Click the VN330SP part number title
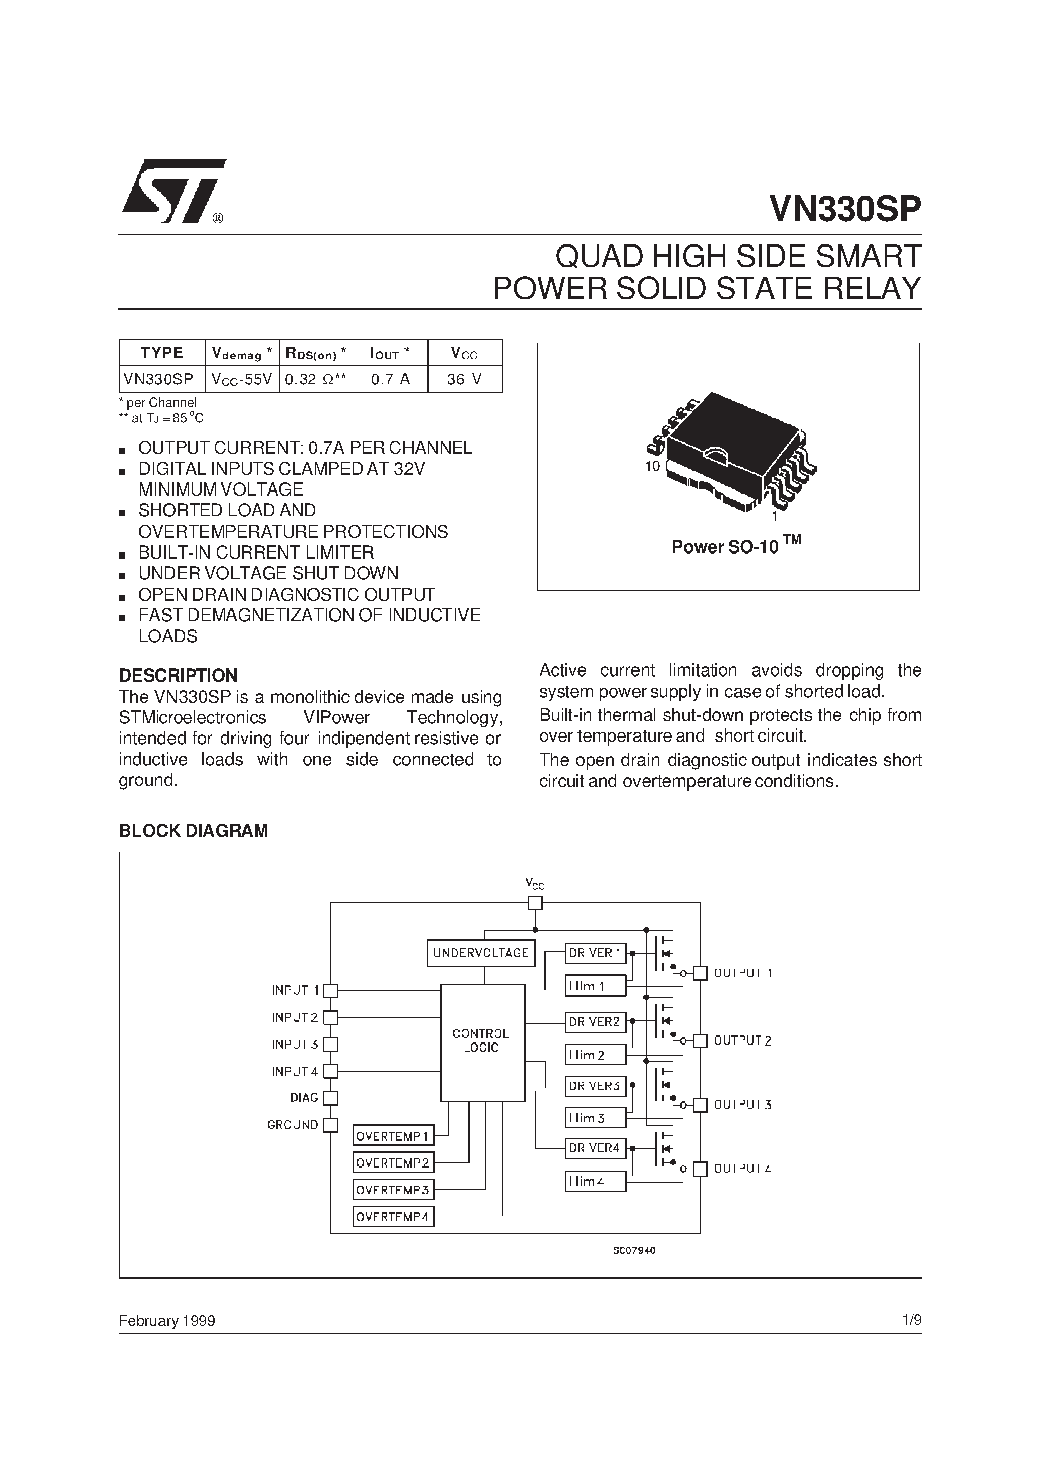tap(845, 209)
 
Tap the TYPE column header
tap(162, 352)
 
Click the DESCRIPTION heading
tap(178, 675)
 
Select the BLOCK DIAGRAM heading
tap(193, 831)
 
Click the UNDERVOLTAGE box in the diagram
tap(481, 953)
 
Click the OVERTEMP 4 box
tap(393, 1216)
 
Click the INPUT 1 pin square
tap(331, 991)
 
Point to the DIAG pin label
tap(304, 1098)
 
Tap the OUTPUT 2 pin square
tap(701, 1040)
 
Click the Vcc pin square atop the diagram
tap(535, 903)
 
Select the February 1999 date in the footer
tap(167, 1321)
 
